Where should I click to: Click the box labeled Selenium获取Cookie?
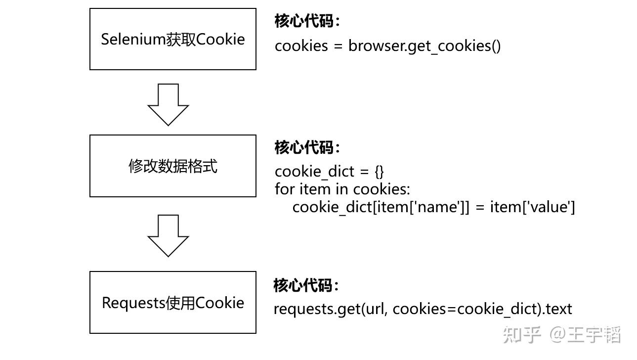tap(172, 39)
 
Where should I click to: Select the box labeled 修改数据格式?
tap(172, 166)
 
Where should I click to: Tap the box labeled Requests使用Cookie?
tap(172, 302)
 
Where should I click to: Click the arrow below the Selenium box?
tap(168, 104)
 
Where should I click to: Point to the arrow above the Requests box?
tap(168, 235)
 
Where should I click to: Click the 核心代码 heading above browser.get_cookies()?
tap(307, 21)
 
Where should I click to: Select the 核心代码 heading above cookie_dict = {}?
tap(307, 147)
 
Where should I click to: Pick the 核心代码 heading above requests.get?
tap(306, 285)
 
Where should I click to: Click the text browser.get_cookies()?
tap(425, 46)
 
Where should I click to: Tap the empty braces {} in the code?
tap(379, 172)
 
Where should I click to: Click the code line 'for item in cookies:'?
tap(342, 189)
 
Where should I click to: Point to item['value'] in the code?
tap(532, 207)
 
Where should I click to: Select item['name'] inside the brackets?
tap(419, 207)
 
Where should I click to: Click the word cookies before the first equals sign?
tap(301, 46)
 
